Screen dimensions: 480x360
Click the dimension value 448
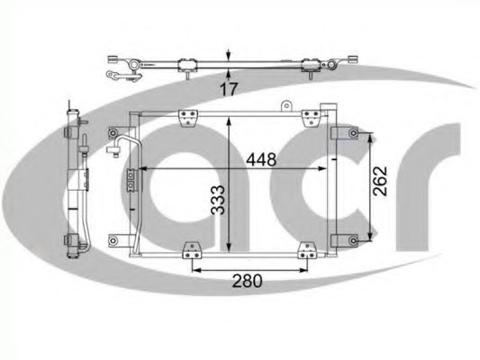point(261,159)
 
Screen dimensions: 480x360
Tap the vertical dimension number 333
point(219,200)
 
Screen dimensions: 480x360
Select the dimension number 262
point(380,181)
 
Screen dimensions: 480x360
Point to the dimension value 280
point(248,281)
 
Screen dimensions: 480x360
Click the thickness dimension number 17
point(229,89)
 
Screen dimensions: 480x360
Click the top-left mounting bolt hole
point(113,133)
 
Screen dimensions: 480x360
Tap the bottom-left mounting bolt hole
point(113,240)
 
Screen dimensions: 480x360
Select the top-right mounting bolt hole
point(354,133)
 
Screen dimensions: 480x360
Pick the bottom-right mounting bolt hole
point(354,240)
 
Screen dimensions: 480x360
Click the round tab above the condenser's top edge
point(286,106)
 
